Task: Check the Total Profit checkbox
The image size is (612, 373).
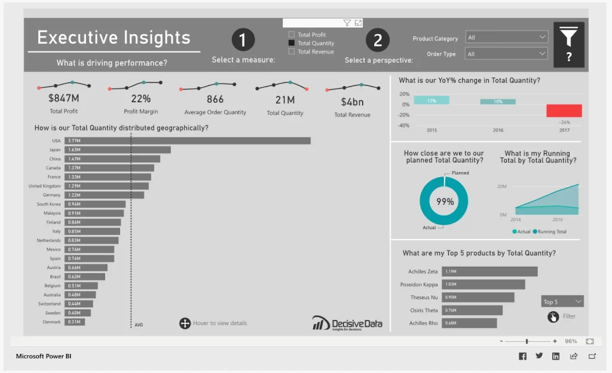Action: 292,35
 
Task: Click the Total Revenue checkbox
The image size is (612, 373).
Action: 292,51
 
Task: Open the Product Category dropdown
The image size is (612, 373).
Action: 507,38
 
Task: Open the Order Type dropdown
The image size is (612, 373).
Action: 507,54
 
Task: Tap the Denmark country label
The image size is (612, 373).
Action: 53,322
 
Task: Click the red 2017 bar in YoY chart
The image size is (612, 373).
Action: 564,111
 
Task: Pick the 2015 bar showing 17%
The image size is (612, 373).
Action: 431,100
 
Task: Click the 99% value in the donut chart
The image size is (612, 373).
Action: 445,202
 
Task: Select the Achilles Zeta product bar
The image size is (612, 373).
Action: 489,271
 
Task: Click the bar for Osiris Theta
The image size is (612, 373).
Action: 472,310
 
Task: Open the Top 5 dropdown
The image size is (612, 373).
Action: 562,302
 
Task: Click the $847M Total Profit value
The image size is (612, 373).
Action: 63,99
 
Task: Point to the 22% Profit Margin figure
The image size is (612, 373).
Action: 141,99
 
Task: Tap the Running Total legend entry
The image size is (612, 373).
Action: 550,231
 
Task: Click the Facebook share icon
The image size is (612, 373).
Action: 522,356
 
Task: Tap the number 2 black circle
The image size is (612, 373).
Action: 378,40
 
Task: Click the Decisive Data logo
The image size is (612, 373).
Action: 347,323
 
